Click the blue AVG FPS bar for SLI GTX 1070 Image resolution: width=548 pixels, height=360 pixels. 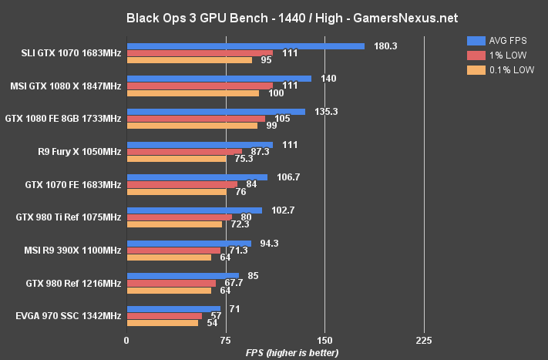coord(245,46)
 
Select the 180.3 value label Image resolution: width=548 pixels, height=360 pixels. coord(385,46)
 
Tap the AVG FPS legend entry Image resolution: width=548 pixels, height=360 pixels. coord(501,41)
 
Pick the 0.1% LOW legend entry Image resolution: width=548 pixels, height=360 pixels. coord(501,70)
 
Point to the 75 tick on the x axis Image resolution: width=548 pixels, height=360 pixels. coord(226,341)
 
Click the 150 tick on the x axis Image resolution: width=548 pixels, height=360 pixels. coord(324,341)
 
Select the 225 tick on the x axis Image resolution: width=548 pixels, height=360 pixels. coord(423,341)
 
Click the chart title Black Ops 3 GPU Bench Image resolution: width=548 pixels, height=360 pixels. coord(274,15)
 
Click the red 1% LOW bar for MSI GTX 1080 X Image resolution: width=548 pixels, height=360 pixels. coord(200,86)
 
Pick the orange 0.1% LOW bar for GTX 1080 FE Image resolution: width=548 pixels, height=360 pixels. coord(192,126)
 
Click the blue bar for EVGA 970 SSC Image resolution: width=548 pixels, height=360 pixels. coord(173,308)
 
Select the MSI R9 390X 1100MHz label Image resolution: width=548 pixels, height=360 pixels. coord(72,251)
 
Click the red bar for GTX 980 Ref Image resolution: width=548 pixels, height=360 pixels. coord(171,283)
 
